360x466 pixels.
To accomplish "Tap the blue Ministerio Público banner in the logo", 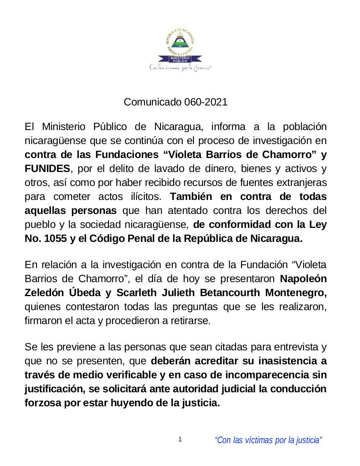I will tap(180, 59).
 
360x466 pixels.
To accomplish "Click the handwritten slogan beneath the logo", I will tap(180, 68).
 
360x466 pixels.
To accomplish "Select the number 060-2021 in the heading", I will tap(206, 102).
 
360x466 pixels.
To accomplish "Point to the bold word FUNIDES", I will tap(47, 168).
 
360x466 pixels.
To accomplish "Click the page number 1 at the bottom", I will tap(180, 440).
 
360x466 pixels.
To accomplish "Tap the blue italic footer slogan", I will tap(269, 440).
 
